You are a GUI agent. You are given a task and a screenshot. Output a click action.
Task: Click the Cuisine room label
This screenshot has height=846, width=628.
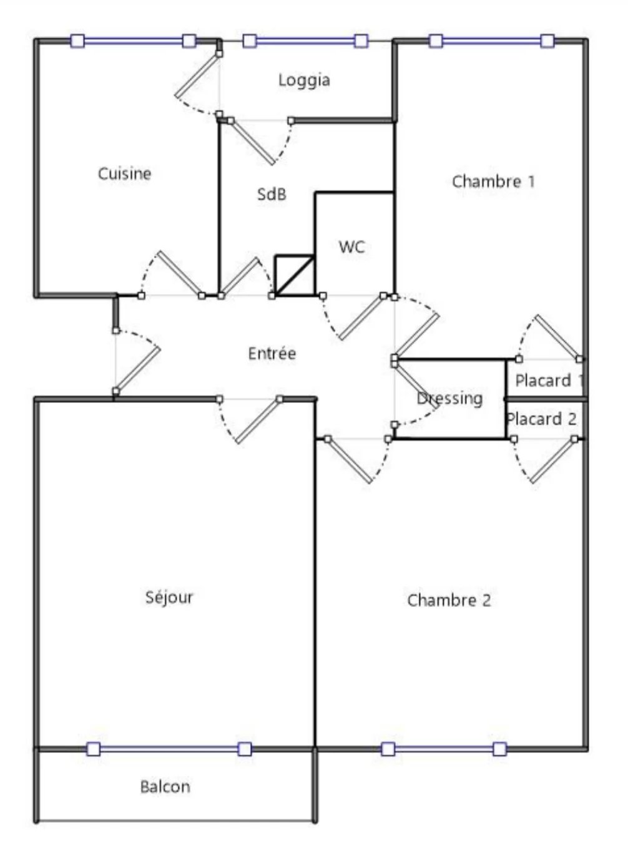point(124,174)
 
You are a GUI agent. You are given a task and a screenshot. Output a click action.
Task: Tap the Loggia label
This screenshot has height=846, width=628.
point(304,80)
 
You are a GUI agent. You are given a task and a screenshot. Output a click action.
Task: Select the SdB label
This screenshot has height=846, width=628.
point(272,194)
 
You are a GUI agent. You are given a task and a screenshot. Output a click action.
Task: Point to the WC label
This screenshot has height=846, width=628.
point(351,247)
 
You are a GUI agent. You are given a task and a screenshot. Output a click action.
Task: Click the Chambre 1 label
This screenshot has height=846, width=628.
point(493,181)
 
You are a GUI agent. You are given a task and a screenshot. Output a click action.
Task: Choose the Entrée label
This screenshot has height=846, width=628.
point(272,353)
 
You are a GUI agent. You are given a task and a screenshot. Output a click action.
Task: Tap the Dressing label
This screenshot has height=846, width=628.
point(449,399)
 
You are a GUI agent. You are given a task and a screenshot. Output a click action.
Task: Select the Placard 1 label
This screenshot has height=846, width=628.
point(549,381)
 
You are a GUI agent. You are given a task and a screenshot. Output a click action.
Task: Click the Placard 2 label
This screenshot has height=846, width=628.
point(541,419)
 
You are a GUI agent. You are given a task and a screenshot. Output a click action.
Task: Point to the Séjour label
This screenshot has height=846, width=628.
point(169,597)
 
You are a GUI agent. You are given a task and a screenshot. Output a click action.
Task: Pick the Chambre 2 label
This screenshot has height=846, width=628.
point(449,600)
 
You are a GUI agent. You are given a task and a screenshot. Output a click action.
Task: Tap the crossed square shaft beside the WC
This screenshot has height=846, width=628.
point(295,275)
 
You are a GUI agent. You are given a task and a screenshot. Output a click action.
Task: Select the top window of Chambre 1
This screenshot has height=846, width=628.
point(492,41)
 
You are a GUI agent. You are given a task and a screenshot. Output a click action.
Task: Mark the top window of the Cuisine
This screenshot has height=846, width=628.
point(133,41)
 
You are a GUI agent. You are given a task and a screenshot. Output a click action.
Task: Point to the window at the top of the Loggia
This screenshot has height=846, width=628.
point(305,41)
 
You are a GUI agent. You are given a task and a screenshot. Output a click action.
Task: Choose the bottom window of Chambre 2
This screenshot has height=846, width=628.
point(444,749)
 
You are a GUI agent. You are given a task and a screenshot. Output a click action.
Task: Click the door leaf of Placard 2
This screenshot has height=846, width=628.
point(553,461)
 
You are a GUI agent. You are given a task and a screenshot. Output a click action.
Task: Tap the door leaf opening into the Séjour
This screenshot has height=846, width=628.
point(258,421)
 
